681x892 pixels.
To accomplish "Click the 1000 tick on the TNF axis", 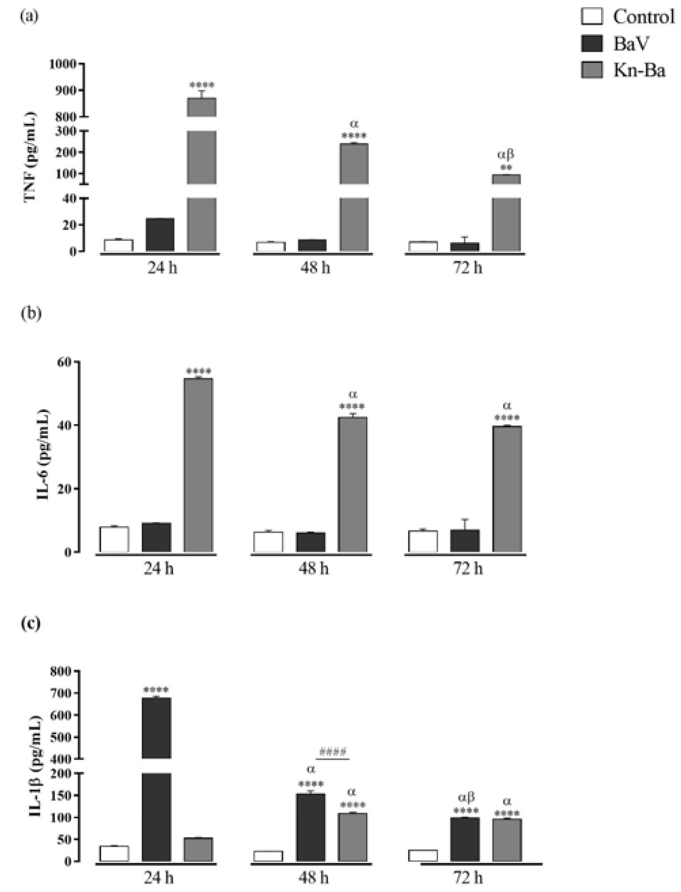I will (63, 64).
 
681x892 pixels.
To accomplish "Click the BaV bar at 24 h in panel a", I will (160, 234).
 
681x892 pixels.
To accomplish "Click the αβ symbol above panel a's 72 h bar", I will (505, 155).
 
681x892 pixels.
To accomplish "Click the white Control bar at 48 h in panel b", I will (268, 542).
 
